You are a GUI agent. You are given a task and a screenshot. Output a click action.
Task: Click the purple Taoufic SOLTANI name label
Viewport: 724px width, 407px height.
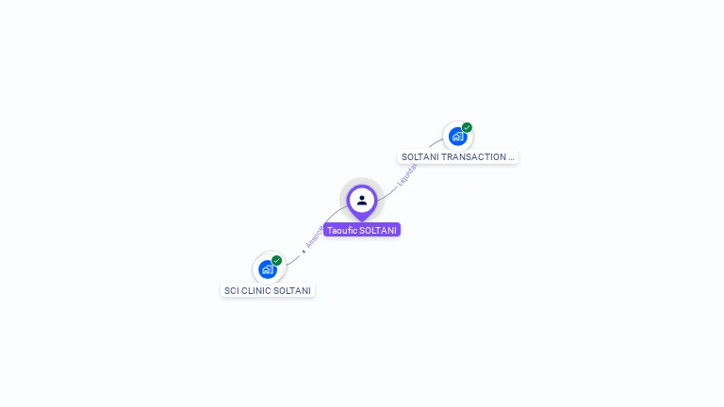click(362, 230)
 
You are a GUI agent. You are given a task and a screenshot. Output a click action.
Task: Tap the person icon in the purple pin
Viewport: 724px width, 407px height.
click(362, 200)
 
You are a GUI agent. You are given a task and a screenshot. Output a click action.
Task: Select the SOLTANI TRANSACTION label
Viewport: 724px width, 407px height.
click(458, 157)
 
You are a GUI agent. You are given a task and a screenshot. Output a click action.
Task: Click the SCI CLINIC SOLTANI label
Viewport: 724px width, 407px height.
click(268, 291)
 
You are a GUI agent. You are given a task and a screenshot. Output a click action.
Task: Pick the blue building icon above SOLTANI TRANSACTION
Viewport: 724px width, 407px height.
click(457, 137)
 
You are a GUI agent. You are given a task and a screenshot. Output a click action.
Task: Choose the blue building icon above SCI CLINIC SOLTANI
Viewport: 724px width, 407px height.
click(267, 269)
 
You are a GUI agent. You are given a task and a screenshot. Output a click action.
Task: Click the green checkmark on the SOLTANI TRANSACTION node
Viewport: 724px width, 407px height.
click(467, 127)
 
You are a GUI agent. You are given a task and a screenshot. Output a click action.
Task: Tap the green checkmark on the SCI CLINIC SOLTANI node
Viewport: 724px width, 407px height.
click(276, 260)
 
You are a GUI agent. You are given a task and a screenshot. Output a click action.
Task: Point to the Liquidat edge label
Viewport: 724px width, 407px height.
click(407, 173)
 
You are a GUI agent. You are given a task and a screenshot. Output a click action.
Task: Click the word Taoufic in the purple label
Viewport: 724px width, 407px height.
click(342, 230)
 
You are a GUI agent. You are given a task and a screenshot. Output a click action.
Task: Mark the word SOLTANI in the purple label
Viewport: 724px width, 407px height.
click(378, 230)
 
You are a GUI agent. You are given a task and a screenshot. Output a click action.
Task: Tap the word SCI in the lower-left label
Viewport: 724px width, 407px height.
click(231, 291)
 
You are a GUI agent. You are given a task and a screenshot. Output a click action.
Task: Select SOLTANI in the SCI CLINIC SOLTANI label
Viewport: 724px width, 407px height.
click(292, 291)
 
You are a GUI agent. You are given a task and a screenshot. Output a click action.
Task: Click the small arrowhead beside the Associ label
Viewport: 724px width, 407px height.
click(304, 251)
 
